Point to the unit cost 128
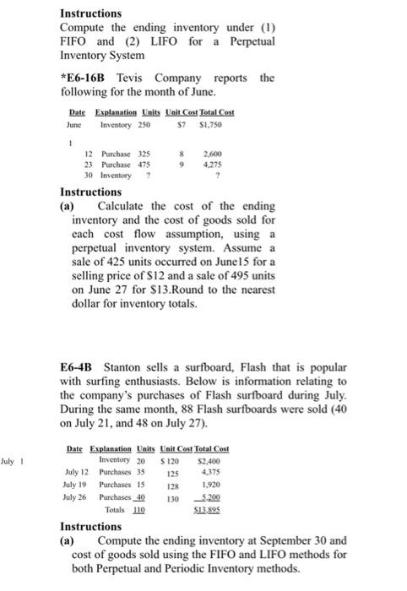pos(175,487)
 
